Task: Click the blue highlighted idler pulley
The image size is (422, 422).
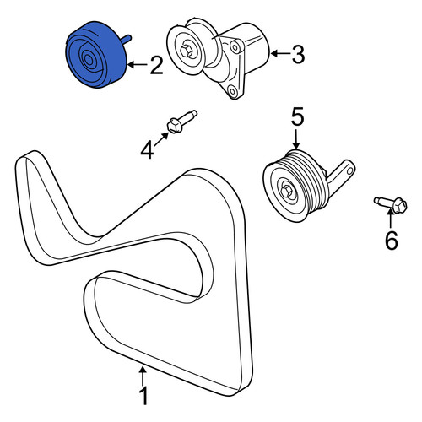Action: coord(96,55)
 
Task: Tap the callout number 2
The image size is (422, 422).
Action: coord(156,65)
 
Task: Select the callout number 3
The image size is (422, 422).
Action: coord(298,54)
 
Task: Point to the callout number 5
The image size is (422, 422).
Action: coord(297,117)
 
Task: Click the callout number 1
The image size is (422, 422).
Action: coord(143,396)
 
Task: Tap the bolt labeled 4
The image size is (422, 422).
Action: coord(182,122)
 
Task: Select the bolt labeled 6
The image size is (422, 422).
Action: coord(391,204)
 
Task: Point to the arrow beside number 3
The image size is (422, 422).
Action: coord(281,53)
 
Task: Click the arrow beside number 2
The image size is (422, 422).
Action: coord(138,65)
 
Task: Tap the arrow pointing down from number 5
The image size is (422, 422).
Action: coord(296,139)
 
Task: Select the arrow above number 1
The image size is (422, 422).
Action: coord(143,376)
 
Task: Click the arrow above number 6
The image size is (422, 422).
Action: coord(390,219)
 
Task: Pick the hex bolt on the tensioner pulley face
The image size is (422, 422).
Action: coord(186,51)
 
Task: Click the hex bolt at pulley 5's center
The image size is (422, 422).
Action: coord(287,192)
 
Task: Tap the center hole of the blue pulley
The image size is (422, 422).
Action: coord(89,60)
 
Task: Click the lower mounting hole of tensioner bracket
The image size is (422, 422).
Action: coord(232,91)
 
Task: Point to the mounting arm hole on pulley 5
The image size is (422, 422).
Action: coord(349,170)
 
